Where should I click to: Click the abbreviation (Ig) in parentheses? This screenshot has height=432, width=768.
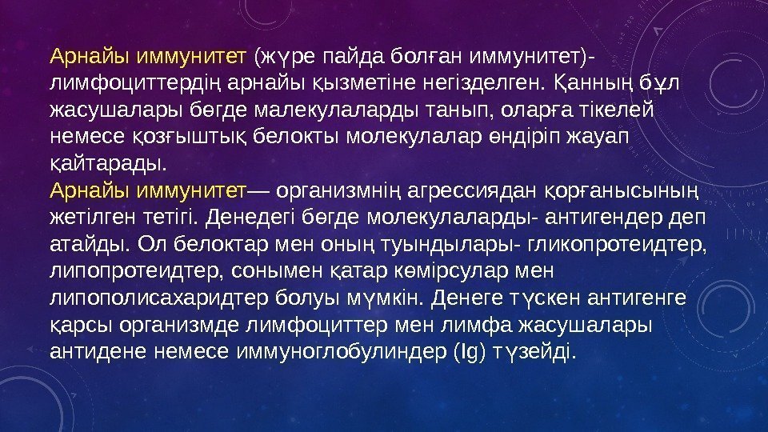tap(468, 352)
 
